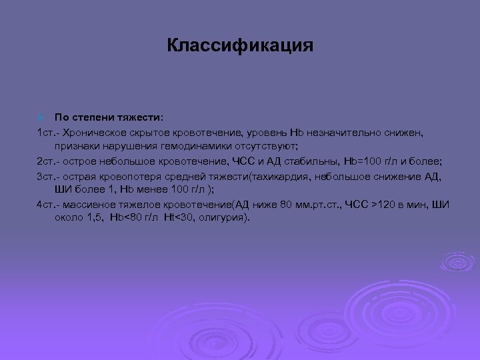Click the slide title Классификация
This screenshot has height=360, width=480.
[x=239, y=46]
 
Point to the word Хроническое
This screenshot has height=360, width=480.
[x=92, y=133]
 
